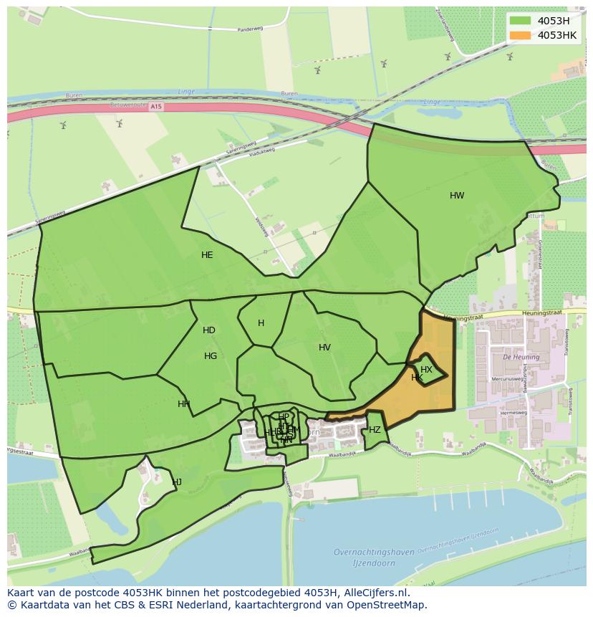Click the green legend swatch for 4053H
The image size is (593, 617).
(x=520, y=21)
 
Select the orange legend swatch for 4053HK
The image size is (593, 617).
(x=520, y=35)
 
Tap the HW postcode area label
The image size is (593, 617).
(x=457, y=196)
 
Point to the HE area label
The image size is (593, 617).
(x=207, y=255)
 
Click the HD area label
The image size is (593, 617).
(x=208, y=330)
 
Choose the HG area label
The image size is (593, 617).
(x=211, y=356)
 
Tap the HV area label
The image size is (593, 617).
(x=324, y=348)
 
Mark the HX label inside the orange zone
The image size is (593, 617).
(x=426, y=370)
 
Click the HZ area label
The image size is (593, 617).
(x=375, y=430)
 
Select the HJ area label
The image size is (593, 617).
(x=177, y=482)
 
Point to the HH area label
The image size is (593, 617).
(x=184, y=404)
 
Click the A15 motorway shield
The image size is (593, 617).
(x=157, y=106)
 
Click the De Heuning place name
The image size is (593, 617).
(x=516, y=356)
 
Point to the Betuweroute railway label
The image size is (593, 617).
(x=130, y=105)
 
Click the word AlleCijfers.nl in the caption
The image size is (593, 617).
(x=375, y=593)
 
